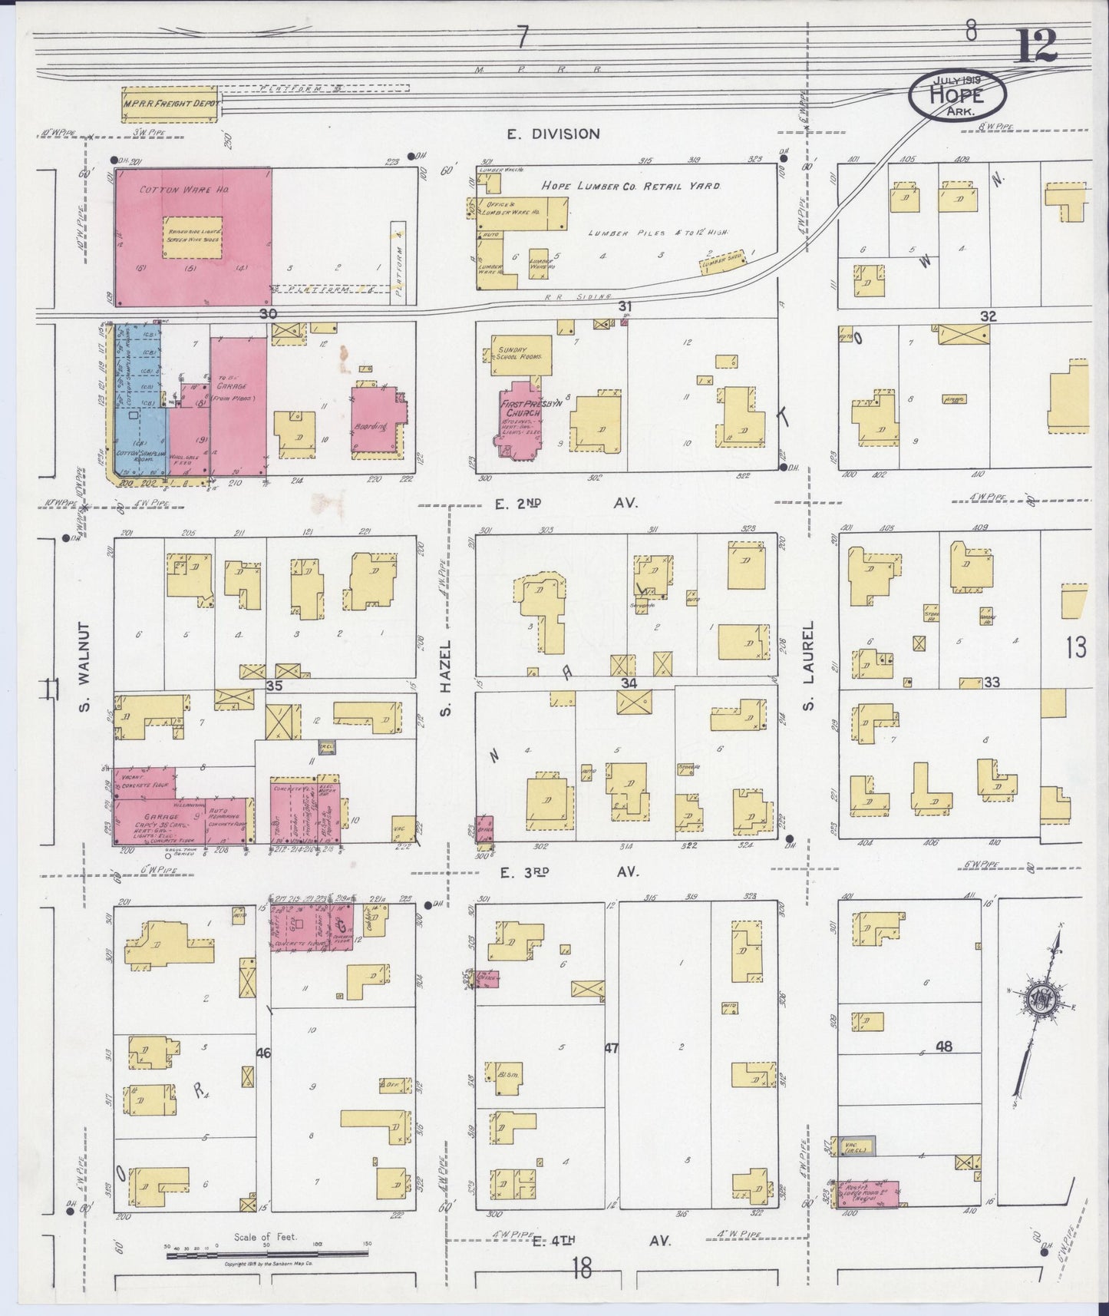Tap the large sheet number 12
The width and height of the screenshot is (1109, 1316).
[1037, 46]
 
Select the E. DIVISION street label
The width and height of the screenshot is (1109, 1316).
[553, 134]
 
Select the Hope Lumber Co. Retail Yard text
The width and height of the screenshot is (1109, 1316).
[631, 185]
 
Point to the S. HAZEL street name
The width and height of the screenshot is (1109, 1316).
[445, 675]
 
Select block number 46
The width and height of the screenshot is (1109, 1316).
[263, 1054]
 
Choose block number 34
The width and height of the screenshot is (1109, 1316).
[629, 683]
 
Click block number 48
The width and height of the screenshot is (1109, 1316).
[943, 1047]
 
